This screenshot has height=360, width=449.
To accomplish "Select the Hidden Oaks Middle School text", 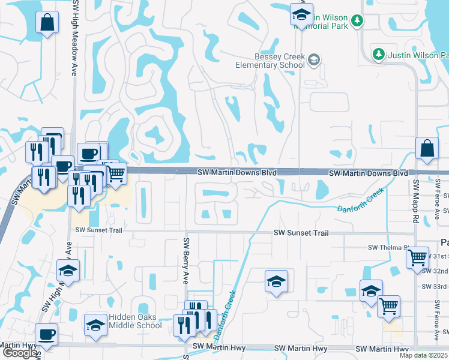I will [135, 322].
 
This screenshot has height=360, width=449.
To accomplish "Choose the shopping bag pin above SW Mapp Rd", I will [426, 149].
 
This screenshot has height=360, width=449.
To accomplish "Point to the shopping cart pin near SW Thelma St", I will [417, 258].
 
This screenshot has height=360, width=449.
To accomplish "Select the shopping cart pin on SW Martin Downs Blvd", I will [116, 173].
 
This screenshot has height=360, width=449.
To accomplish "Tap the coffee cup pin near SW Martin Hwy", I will [46, 335].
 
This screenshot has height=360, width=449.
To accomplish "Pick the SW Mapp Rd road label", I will [415, 198].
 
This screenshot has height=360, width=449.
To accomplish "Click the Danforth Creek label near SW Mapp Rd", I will [360, 200].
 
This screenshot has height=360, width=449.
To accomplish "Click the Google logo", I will [20, 353].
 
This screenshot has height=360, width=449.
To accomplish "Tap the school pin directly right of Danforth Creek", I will [276, 281].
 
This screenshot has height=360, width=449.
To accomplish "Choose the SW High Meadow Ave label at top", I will [75, 36].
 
